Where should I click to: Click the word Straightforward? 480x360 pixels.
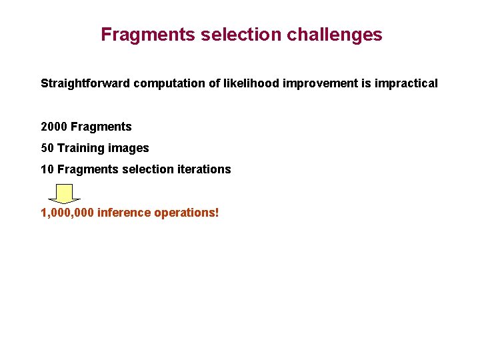(x=85, y=84)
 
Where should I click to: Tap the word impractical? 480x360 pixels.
(x=407, y=84)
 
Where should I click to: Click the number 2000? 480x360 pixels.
(x=54, y=127)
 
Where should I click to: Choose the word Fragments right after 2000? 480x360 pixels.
(x=101, y=127)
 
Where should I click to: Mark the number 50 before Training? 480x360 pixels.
(x=47, y=148)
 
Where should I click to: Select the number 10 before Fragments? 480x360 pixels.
(x=47, y=169)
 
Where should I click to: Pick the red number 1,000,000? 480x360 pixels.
(x=67, y=213)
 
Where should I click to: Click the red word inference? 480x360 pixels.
(x=124, y=213)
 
